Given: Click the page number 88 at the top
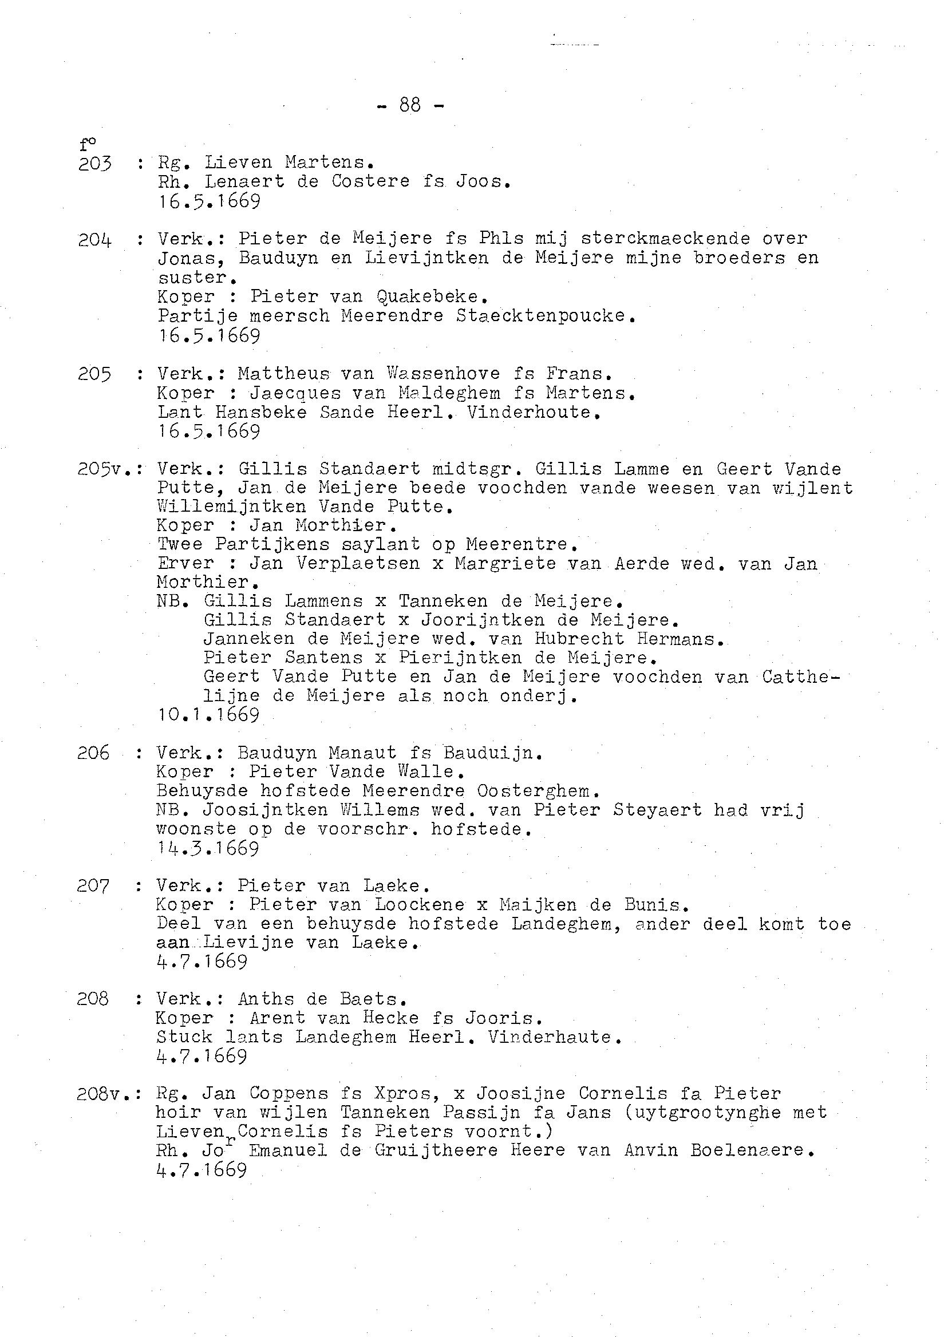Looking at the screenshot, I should (410, 105).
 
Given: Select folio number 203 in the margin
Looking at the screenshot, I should (94, 164).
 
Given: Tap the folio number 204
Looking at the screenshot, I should (94, 240).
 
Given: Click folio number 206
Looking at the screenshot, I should (93, 753).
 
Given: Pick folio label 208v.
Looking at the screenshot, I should (104, 1094).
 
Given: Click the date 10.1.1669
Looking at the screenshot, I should (208, 715).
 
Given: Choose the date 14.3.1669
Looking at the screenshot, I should (208, 848).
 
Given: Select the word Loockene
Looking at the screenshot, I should (420, 904).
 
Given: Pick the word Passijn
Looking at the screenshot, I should (482, 1112).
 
